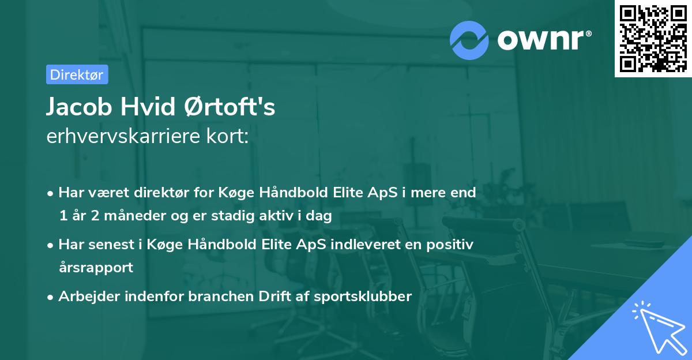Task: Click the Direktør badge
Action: (x=77, y=74)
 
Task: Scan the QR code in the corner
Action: (x=652, y=38)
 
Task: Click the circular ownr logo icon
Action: (x=470, y=40)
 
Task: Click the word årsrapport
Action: (x=96, y=268)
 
